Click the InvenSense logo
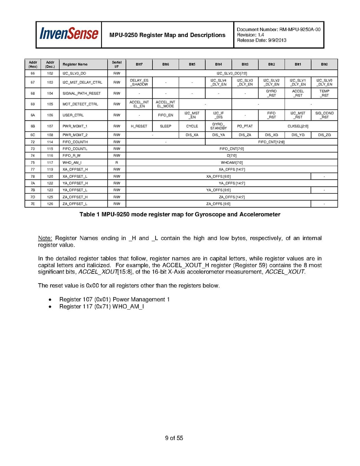68,34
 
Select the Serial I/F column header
117,64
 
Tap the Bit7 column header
139,64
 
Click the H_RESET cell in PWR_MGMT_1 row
139,126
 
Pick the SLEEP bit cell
166,126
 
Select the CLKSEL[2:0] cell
298,126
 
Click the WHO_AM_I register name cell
72,162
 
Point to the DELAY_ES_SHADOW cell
139,82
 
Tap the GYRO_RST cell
271,93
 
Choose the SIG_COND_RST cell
324,115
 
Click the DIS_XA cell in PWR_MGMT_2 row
192,135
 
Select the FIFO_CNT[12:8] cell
271,142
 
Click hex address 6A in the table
33,115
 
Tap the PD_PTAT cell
245,126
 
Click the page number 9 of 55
174,438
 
